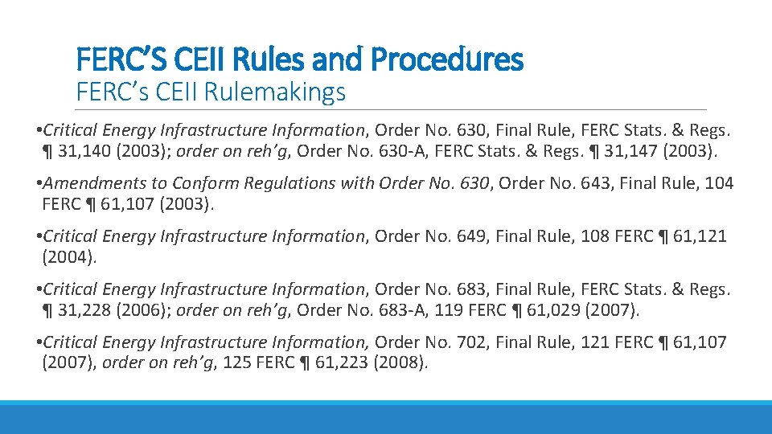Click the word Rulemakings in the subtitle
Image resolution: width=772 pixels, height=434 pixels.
click(x=275, y=92)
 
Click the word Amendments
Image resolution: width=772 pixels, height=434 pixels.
click(x=93, y=183)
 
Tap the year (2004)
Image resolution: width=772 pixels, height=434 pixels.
click(x=68, y=257)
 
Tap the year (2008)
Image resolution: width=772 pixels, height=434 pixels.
click(x=400, y=362)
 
